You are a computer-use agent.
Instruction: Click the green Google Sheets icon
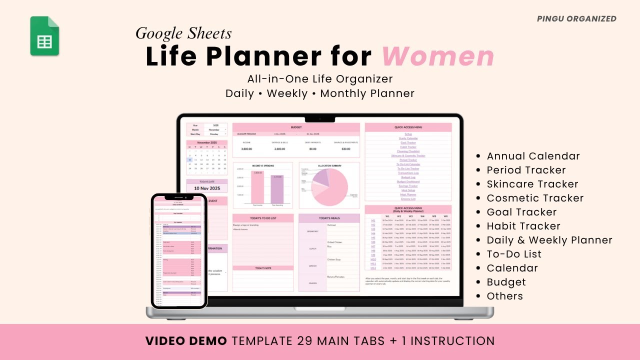(44, 36)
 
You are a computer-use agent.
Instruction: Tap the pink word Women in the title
(438, 56)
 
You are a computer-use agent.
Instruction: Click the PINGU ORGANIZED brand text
(576, 19)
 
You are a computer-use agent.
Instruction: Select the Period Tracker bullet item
(526, 170)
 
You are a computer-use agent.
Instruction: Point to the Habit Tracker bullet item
(523, 226)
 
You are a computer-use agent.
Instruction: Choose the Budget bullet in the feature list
(506, 282)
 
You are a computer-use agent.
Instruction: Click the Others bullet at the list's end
(504, 296)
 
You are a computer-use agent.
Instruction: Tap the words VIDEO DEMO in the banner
(186, 341)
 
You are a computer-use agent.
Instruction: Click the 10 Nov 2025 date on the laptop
(206, 188)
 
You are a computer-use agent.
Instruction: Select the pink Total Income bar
(257, 187)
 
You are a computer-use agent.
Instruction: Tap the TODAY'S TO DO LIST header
(263, 218)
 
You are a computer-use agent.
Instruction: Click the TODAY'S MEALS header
(329, 218)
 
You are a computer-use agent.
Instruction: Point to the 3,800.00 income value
(247, 149)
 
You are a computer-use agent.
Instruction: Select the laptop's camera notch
(320, 118)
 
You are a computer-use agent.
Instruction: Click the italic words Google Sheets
(183, 33)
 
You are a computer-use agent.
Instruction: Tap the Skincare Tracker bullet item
(532, 184)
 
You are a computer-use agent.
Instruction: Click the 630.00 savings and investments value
(346, 149)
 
